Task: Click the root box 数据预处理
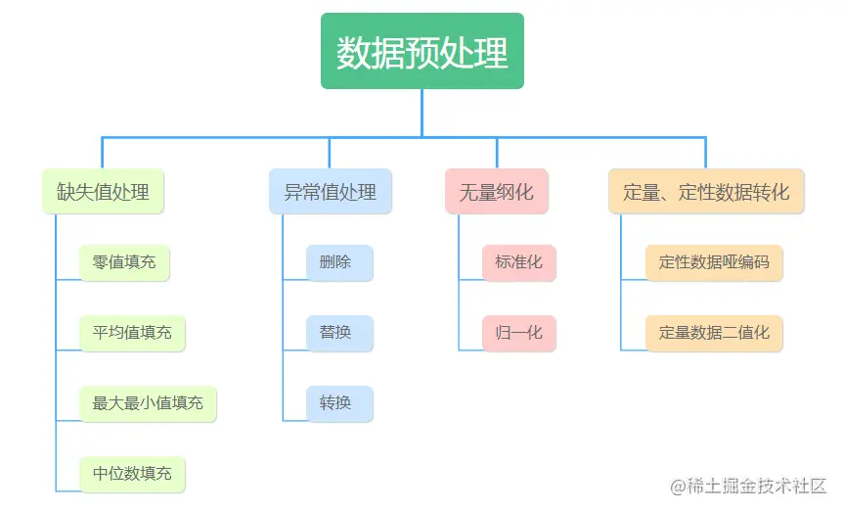422,52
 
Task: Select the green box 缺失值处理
103,192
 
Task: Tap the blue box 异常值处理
331,192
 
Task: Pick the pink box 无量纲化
496,192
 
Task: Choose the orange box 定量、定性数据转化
706,192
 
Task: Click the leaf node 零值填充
124,262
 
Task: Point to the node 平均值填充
132,333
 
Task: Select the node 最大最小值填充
148,403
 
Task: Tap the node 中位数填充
132,474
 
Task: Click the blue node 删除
338,262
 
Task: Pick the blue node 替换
338,333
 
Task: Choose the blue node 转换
338,403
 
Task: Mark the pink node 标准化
518,262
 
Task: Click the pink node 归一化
518,333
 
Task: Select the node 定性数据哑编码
714,262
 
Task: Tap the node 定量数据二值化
714,333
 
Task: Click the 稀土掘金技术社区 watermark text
757,487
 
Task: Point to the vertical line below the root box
422,113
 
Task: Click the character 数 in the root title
354,53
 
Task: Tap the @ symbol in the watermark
677,487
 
